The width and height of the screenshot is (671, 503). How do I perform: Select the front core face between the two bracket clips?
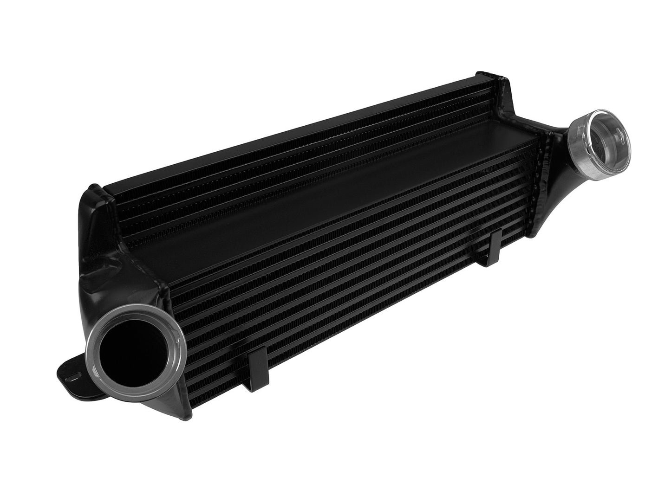[x=371, y=288]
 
